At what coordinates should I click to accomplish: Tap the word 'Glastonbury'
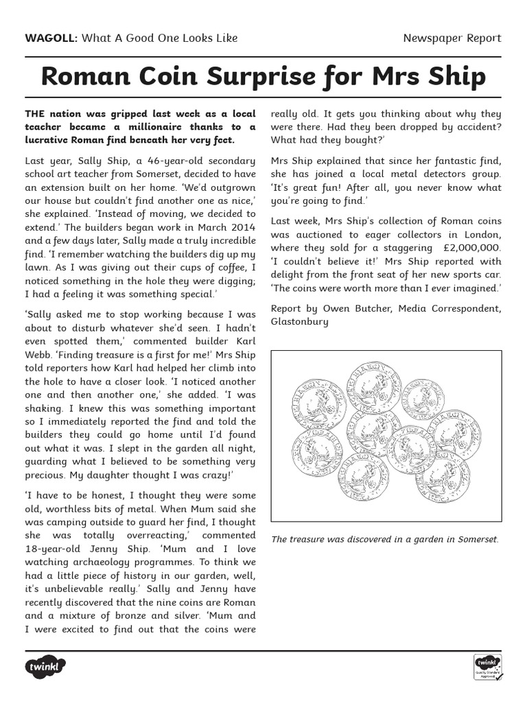pyautogui.click(x=300, y=321)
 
